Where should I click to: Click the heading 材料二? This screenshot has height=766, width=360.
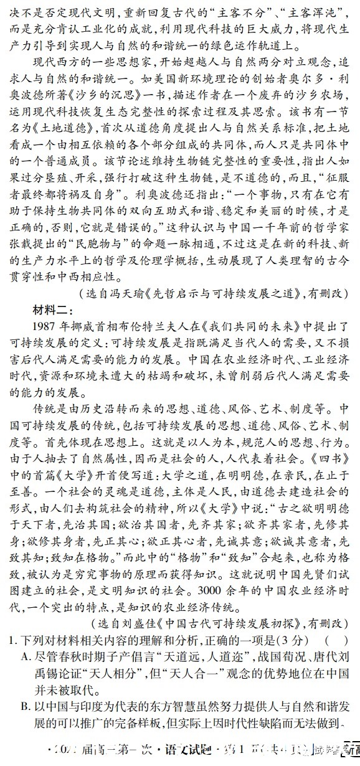pos(53,309)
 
